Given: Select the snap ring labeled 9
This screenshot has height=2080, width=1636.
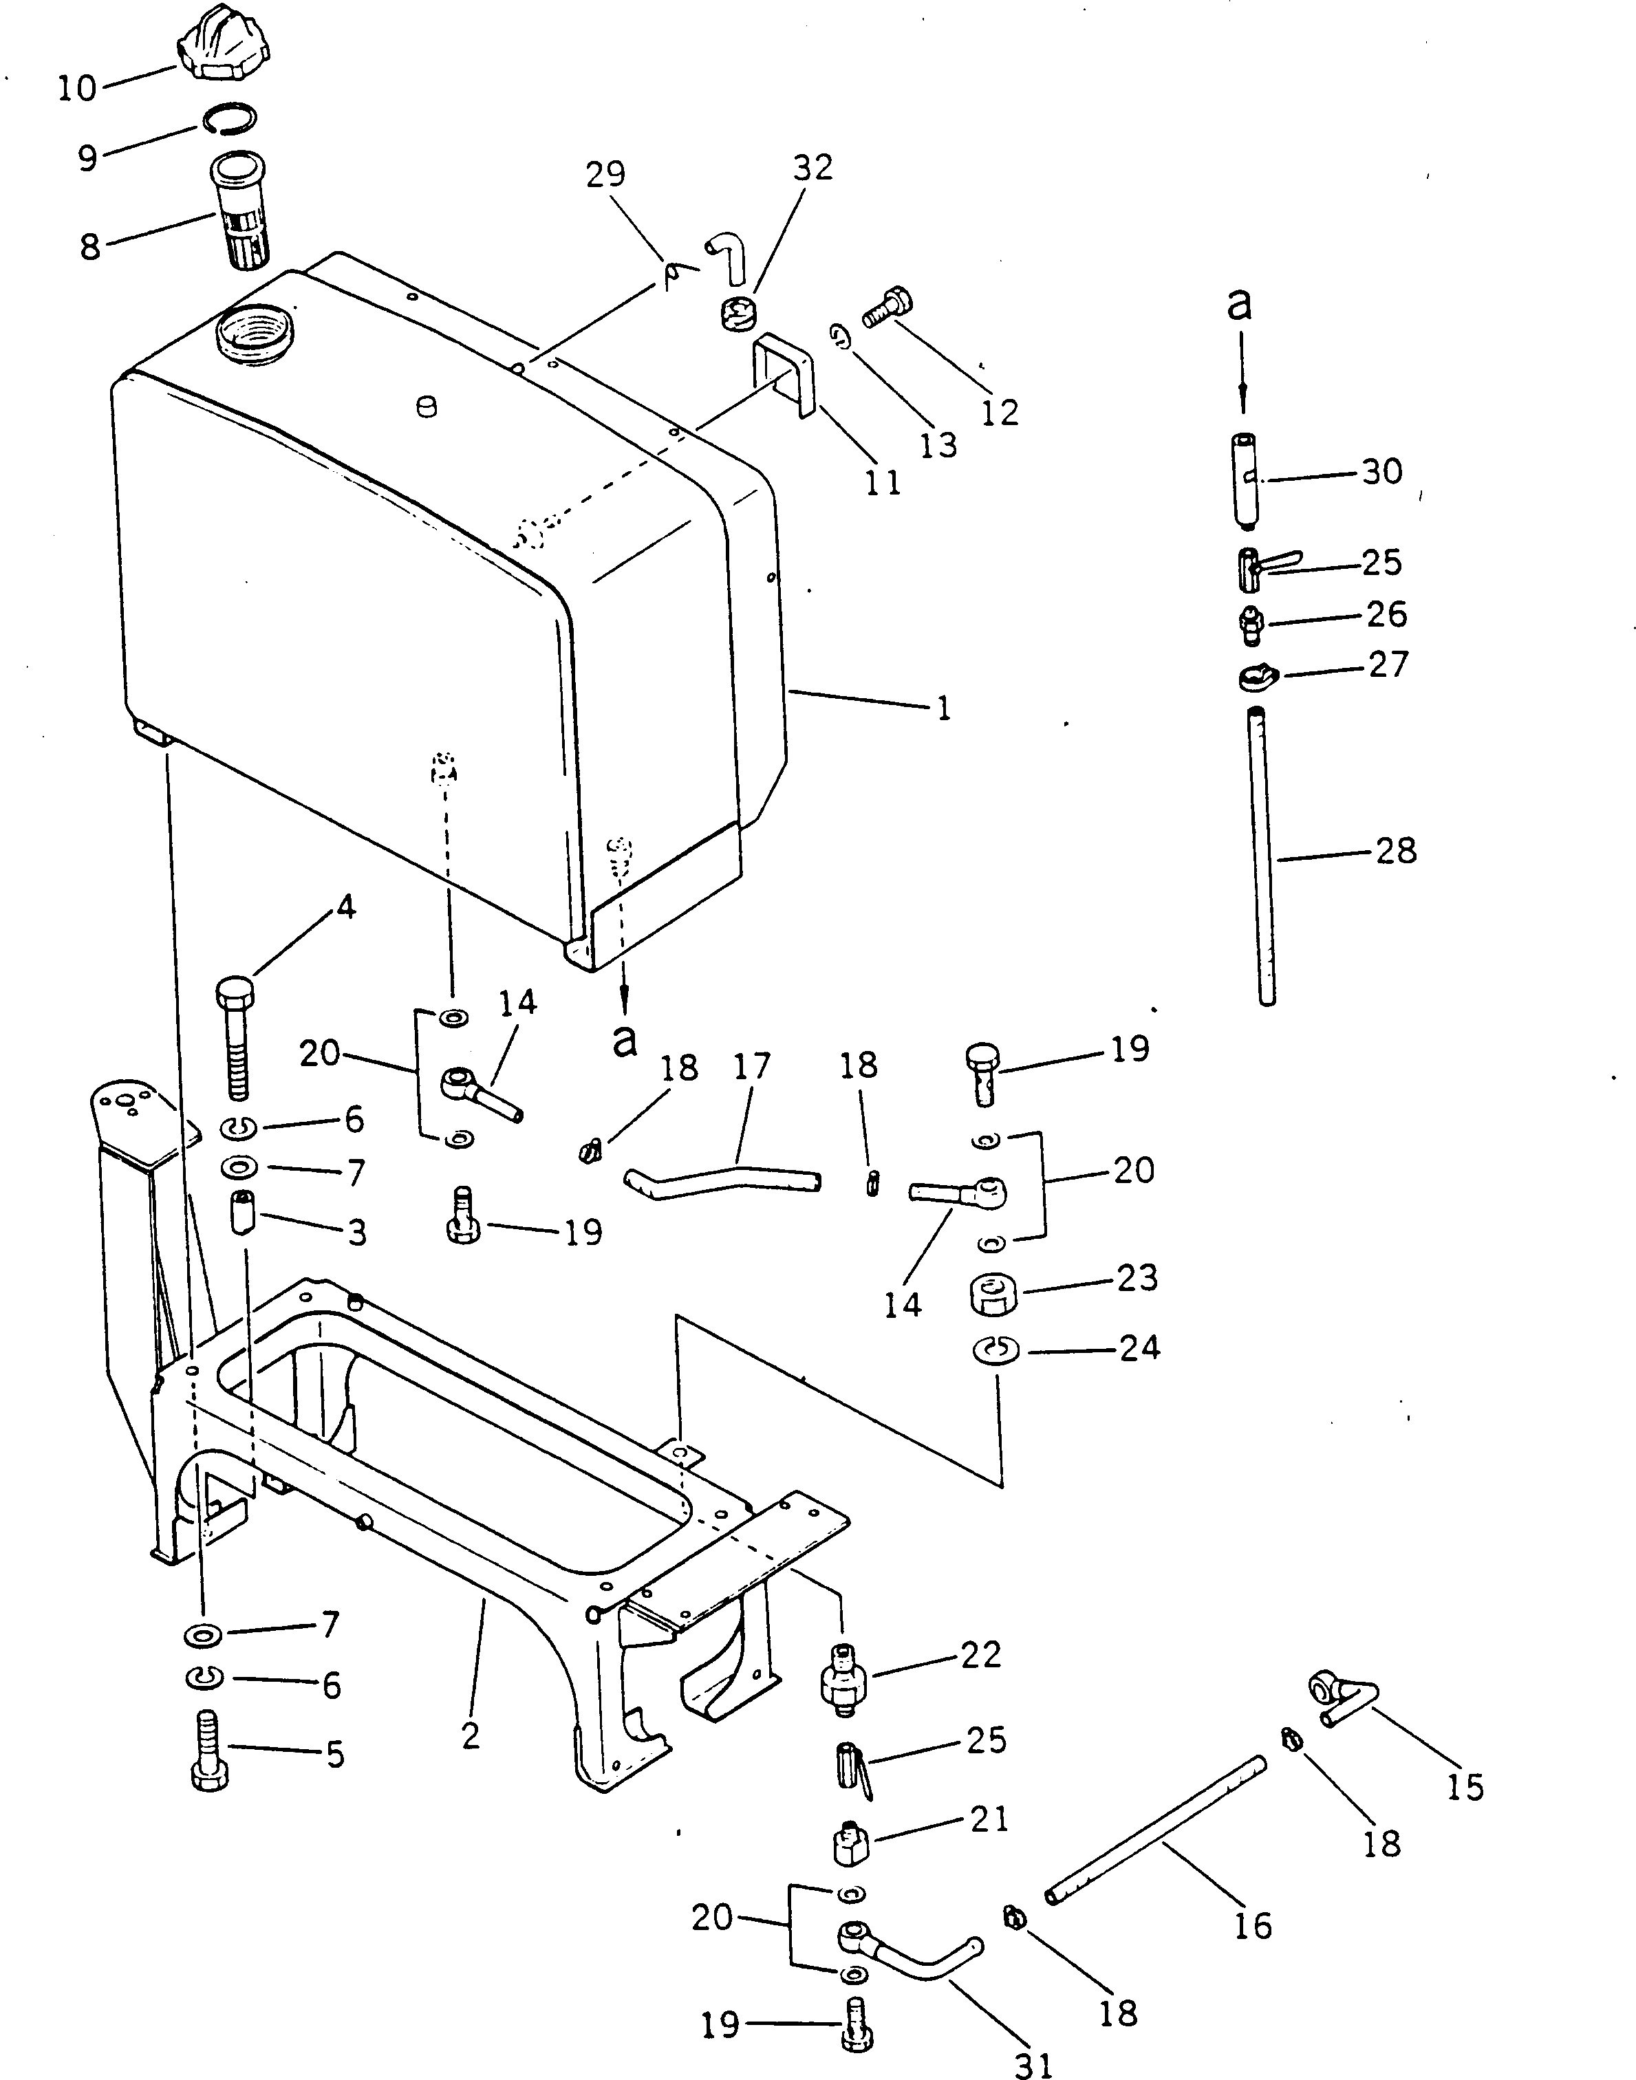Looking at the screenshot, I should click(230, 118).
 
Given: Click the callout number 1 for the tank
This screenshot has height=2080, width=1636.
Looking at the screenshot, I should click(943, 708).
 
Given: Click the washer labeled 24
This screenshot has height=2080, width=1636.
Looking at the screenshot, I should click(996, 1350).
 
